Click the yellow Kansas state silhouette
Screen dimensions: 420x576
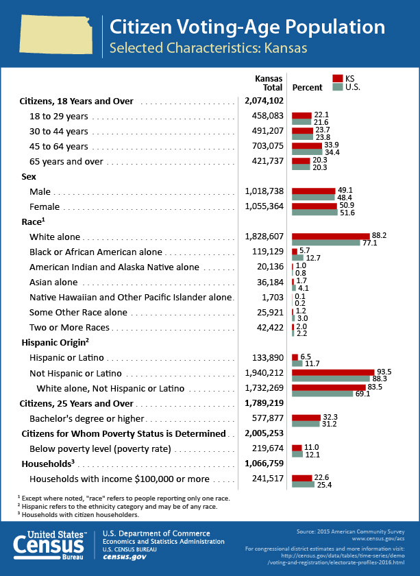pos(55,34)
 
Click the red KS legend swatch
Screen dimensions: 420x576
pos(337,78)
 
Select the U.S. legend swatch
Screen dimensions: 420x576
pos(337,87)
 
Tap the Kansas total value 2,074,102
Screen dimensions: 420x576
pos(264,101)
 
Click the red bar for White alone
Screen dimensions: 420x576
pos(331,236)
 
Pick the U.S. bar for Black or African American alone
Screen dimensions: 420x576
pos(298,258)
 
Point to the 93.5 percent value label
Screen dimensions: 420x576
pos(384,372)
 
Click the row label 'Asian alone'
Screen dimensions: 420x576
pos(53,282)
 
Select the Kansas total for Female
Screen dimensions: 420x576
pos(264,206)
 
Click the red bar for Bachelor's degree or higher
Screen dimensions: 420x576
pos(306,418)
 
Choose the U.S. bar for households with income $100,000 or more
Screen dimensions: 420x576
pos(304,484)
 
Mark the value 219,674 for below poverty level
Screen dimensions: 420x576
pos(268,448)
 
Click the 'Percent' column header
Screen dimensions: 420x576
pos(307,88)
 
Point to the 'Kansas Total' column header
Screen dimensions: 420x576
pos(269,83)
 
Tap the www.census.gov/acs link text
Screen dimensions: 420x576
pos(378,538)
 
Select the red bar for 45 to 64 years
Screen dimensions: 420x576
pos(307,146)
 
